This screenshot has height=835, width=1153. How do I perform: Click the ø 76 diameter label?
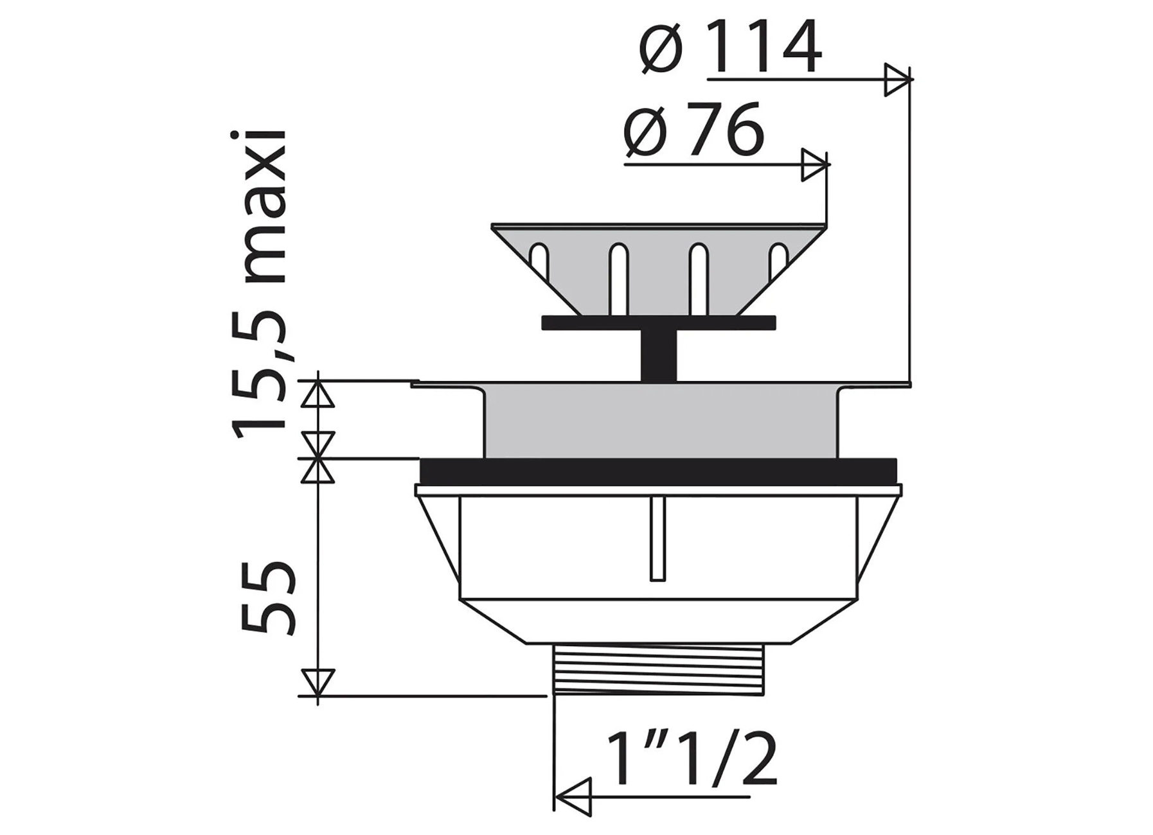694,130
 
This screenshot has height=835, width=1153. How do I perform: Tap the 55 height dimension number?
268,598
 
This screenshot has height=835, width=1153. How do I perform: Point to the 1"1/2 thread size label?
692,761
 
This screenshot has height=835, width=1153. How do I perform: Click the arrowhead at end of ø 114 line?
898,80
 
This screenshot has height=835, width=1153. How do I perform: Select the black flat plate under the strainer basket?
659,322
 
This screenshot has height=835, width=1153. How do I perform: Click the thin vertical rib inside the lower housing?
657,540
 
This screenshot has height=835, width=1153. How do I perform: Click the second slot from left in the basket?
619,270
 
